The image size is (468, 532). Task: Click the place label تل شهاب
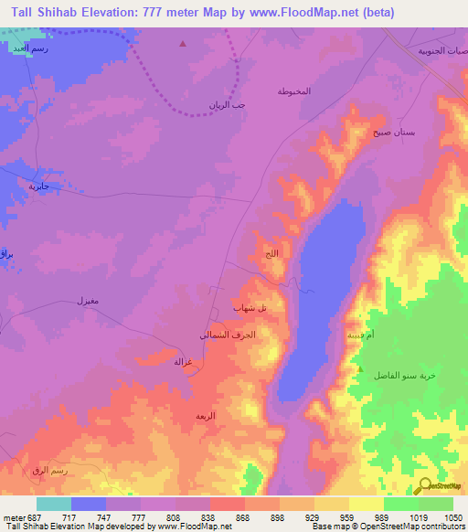click(250, 309)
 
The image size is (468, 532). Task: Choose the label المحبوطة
click(293, 92)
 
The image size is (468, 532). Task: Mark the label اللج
click(271, 253)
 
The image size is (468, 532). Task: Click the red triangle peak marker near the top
click(183, 43)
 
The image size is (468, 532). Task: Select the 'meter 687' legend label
click(23, 516)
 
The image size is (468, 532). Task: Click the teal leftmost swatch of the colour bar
click(53, 503)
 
